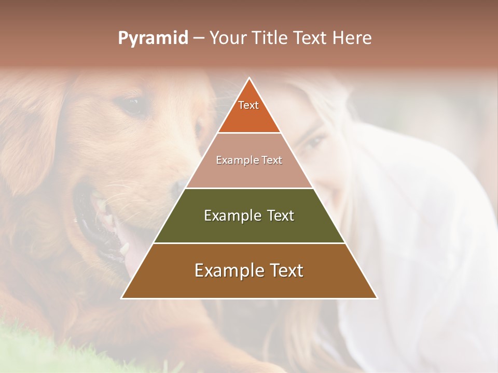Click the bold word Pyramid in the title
pyautogui.click(x=153, y=38)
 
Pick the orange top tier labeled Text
pyautogui.click(x=249, y=111)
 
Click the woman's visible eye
pyautogui.click(x=313, y=141)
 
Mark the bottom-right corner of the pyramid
pyautogui.click(x=377, y=298)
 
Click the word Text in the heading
pyautogui.click(x=309, y=38)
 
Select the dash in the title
pyautogui.click(x=199, y=38)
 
